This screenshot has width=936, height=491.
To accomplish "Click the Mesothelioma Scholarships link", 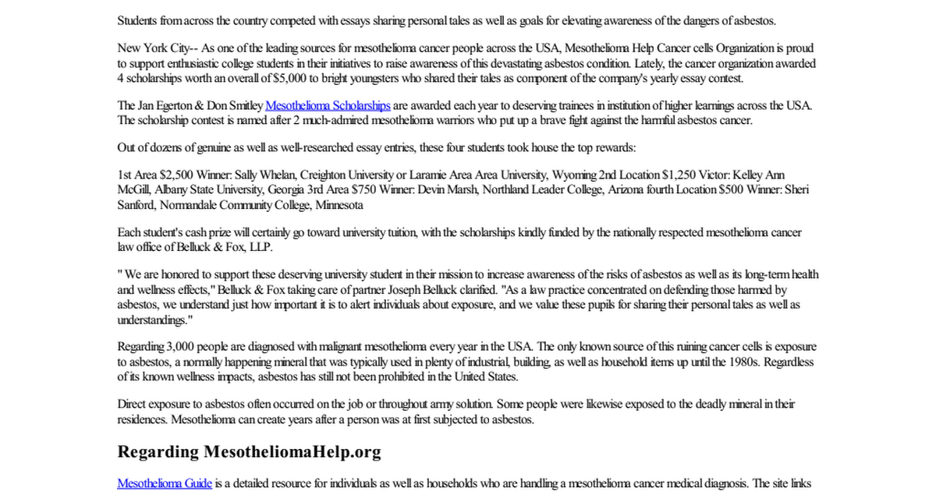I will pyautogui.click(x=328, y=105).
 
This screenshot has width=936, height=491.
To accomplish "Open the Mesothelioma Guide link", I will pyautogui.click(x=165, y=483).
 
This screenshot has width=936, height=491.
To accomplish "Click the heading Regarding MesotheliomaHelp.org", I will pyautogui.click(x=249, y=451).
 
